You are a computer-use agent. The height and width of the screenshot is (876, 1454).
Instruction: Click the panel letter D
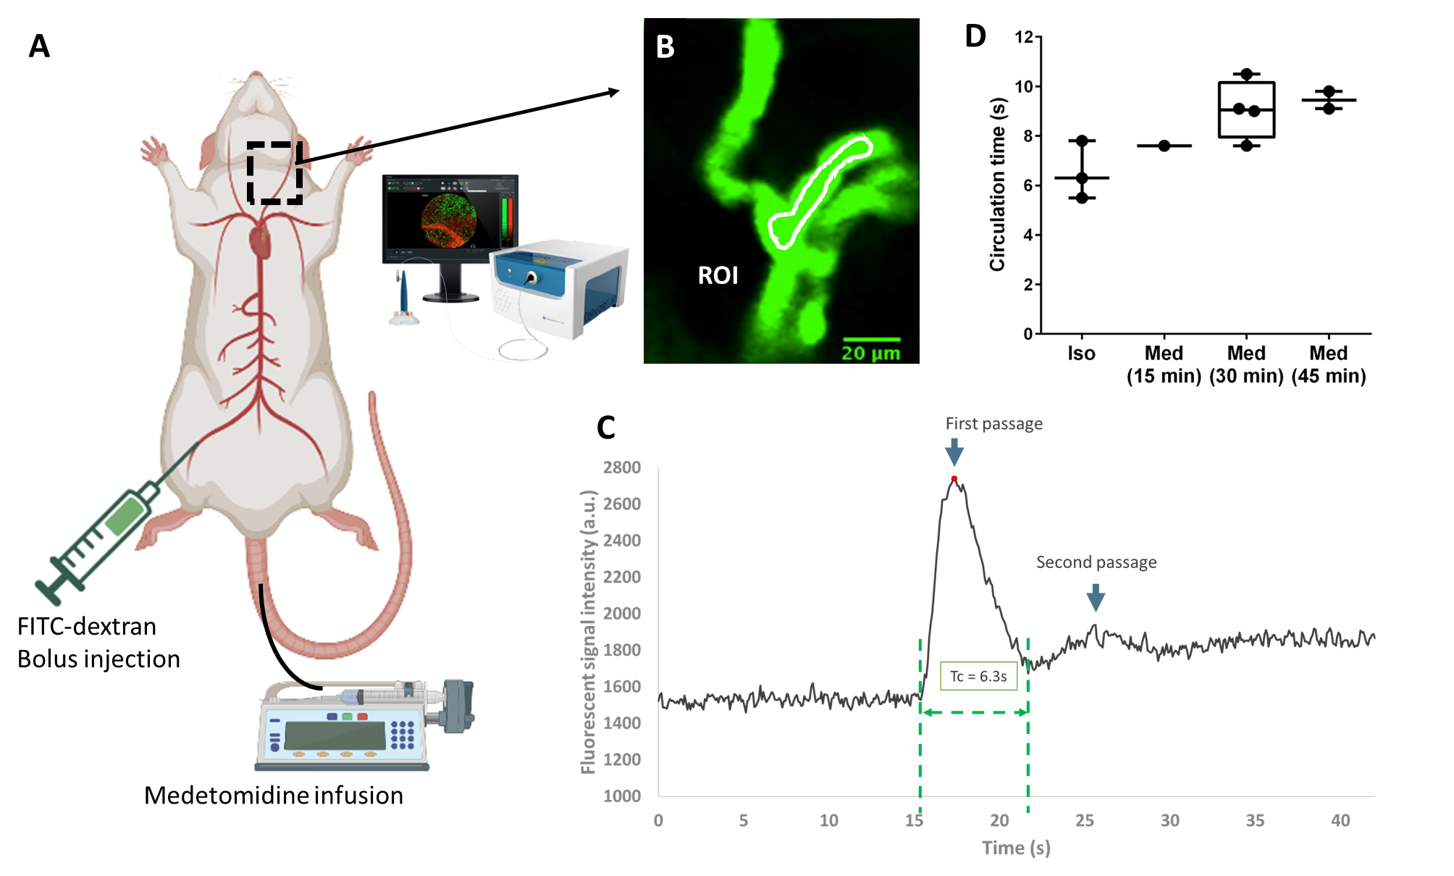[975, 36]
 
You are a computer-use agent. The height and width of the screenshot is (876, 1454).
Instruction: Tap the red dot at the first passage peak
[954, 479]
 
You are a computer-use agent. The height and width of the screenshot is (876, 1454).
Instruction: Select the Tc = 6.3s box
[978, 676]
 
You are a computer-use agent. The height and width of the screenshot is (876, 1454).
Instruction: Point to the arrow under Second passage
[1096, 598]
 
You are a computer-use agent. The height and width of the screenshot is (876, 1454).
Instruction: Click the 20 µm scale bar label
[870, 354]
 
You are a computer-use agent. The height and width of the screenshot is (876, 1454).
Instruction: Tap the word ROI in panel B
[718, 275]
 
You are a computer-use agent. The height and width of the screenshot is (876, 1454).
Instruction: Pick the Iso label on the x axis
[1081, 354]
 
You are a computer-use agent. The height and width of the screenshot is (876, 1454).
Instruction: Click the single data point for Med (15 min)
[1164, 146]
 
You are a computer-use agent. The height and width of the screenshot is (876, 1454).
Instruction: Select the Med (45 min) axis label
[1329, 364]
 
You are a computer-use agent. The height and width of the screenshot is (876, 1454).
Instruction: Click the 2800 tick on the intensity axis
[622, 467]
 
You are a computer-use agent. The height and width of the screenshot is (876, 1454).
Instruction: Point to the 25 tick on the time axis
[1085, 820]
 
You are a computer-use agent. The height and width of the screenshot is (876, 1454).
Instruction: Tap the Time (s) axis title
[1016, 848]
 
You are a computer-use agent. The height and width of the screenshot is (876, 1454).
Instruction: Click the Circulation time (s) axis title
[998, 184]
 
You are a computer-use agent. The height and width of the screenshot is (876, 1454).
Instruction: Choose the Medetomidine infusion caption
[274, 796]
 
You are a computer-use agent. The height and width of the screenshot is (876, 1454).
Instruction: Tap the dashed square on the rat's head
[274, 173]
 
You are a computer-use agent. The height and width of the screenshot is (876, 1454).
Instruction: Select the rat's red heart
[261, 242]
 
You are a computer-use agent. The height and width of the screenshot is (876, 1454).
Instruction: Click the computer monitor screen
[450, 216]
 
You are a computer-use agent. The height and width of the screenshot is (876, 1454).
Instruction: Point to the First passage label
[993, 424]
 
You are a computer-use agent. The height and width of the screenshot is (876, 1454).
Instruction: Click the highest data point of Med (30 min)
[1246, 74]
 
